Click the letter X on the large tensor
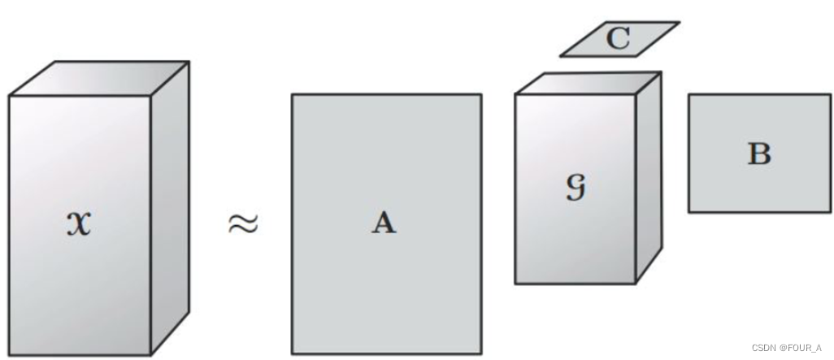79,222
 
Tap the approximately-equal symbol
242,223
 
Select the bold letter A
384,222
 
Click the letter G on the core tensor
576,188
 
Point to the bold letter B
758,154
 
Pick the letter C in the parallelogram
619,39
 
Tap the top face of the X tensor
99,79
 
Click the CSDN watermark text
764,347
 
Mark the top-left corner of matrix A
293,95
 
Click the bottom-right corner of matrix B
829,212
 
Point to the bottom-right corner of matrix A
480,353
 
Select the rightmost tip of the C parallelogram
679,23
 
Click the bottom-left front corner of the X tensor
10,354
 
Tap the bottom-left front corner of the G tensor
515,283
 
